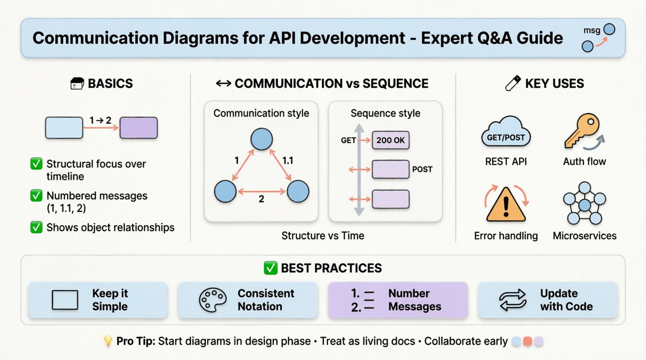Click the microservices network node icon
584,204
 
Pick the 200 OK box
391,140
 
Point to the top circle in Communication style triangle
261,139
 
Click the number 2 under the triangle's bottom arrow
261,199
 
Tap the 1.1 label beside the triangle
288,160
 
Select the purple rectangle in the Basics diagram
139,128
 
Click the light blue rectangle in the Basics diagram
64,128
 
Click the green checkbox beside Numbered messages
36,196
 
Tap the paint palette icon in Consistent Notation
212,300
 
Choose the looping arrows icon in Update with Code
512,300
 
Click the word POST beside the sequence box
422,169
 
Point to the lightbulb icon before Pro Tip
108,341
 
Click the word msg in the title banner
592,30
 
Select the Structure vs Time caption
323,235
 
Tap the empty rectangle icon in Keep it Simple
65,300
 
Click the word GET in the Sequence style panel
348,140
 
